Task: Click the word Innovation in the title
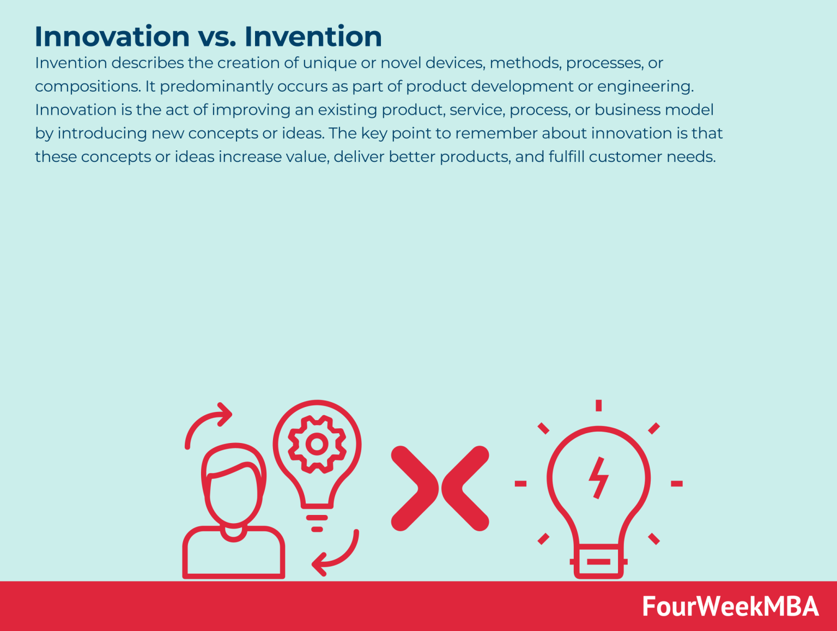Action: tap(112, 37)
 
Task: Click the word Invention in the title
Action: tap(313, 37)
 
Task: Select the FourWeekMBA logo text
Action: tap(730, 606)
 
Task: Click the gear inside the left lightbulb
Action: tap(317, 444)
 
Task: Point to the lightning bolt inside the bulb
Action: tap(598, 478)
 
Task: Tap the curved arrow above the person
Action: tap(207, 422)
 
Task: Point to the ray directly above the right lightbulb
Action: tap(598, 405)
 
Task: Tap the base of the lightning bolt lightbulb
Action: tap(598, 561)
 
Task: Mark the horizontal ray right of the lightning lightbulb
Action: tap(676, 483)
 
